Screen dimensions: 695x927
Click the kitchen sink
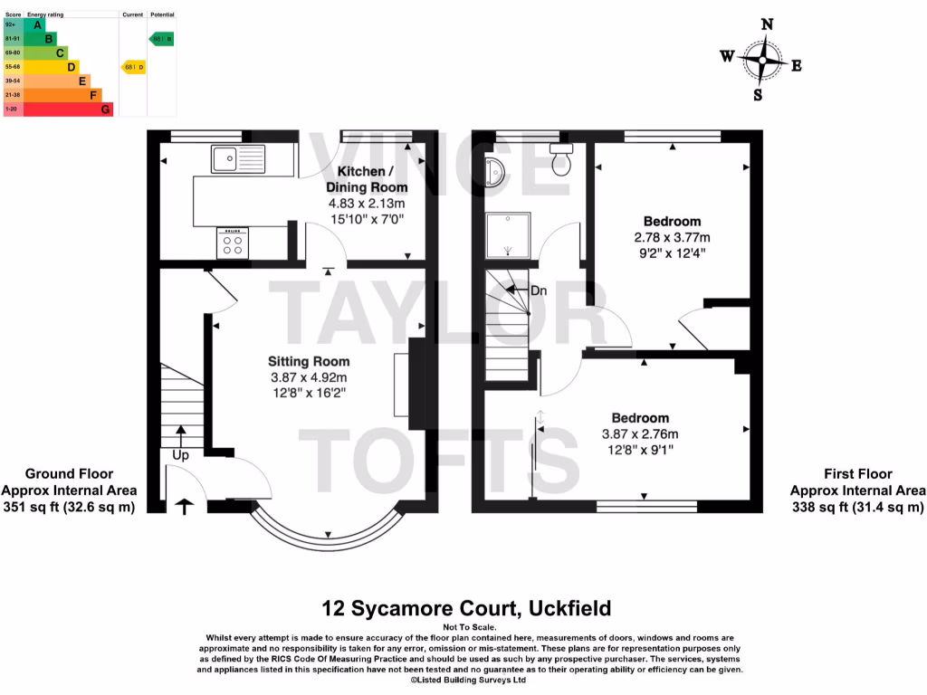click(237, 158)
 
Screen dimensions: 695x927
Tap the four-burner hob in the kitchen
click(233, 243)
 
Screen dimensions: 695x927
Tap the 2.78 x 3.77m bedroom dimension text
click(672, 238)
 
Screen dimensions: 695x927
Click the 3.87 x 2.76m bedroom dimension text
click(640, 433)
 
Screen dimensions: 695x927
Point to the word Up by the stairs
click(180, 455)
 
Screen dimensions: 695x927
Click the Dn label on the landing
click(539, 290)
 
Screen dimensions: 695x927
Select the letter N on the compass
click(767, 25)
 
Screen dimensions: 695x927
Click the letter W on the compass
click(727, 56)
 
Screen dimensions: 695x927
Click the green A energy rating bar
click(33, 24)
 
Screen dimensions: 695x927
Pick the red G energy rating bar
click(68, 109)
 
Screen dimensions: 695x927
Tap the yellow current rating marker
click(133, 67)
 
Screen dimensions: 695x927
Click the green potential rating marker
click(161, 39)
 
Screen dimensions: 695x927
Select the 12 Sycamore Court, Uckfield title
click(467, 607)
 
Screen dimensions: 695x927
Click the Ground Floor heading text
click(69, 473)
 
